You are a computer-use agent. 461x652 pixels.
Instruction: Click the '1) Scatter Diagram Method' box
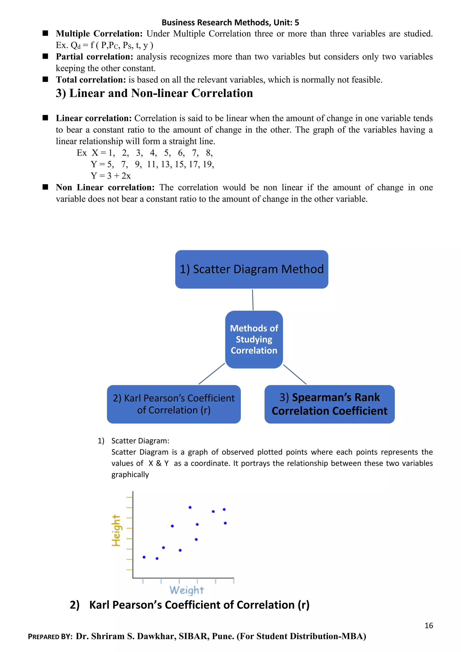[251, 269]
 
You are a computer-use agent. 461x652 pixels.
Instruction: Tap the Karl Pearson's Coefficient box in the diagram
[174, 404]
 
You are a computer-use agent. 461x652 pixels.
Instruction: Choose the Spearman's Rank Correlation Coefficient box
[329, 404]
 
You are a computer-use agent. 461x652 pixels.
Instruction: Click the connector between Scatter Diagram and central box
[253, 300]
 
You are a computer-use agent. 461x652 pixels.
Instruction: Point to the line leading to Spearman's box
[295, 375]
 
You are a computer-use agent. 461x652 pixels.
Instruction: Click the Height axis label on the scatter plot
[116, 530]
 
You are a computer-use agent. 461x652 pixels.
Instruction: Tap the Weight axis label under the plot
[187, 590]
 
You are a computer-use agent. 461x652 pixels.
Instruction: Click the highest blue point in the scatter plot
[190, 507]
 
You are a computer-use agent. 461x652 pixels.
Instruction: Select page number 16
[429, 626]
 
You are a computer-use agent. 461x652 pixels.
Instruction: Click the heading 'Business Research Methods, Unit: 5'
[230, 23]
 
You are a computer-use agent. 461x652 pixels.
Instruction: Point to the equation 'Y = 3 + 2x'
[111, 176]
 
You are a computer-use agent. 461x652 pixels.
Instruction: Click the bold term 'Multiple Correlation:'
[99, 34]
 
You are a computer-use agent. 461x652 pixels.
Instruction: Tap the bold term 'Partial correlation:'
[94, 57]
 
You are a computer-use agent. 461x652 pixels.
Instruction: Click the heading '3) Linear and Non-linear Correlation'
[154, 93]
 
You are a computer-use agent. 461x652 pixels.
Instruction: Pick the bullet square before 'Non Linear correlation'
[45, 187]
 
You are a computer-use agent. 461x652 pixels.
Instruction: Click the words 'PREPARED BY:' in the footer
[50, 637]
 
